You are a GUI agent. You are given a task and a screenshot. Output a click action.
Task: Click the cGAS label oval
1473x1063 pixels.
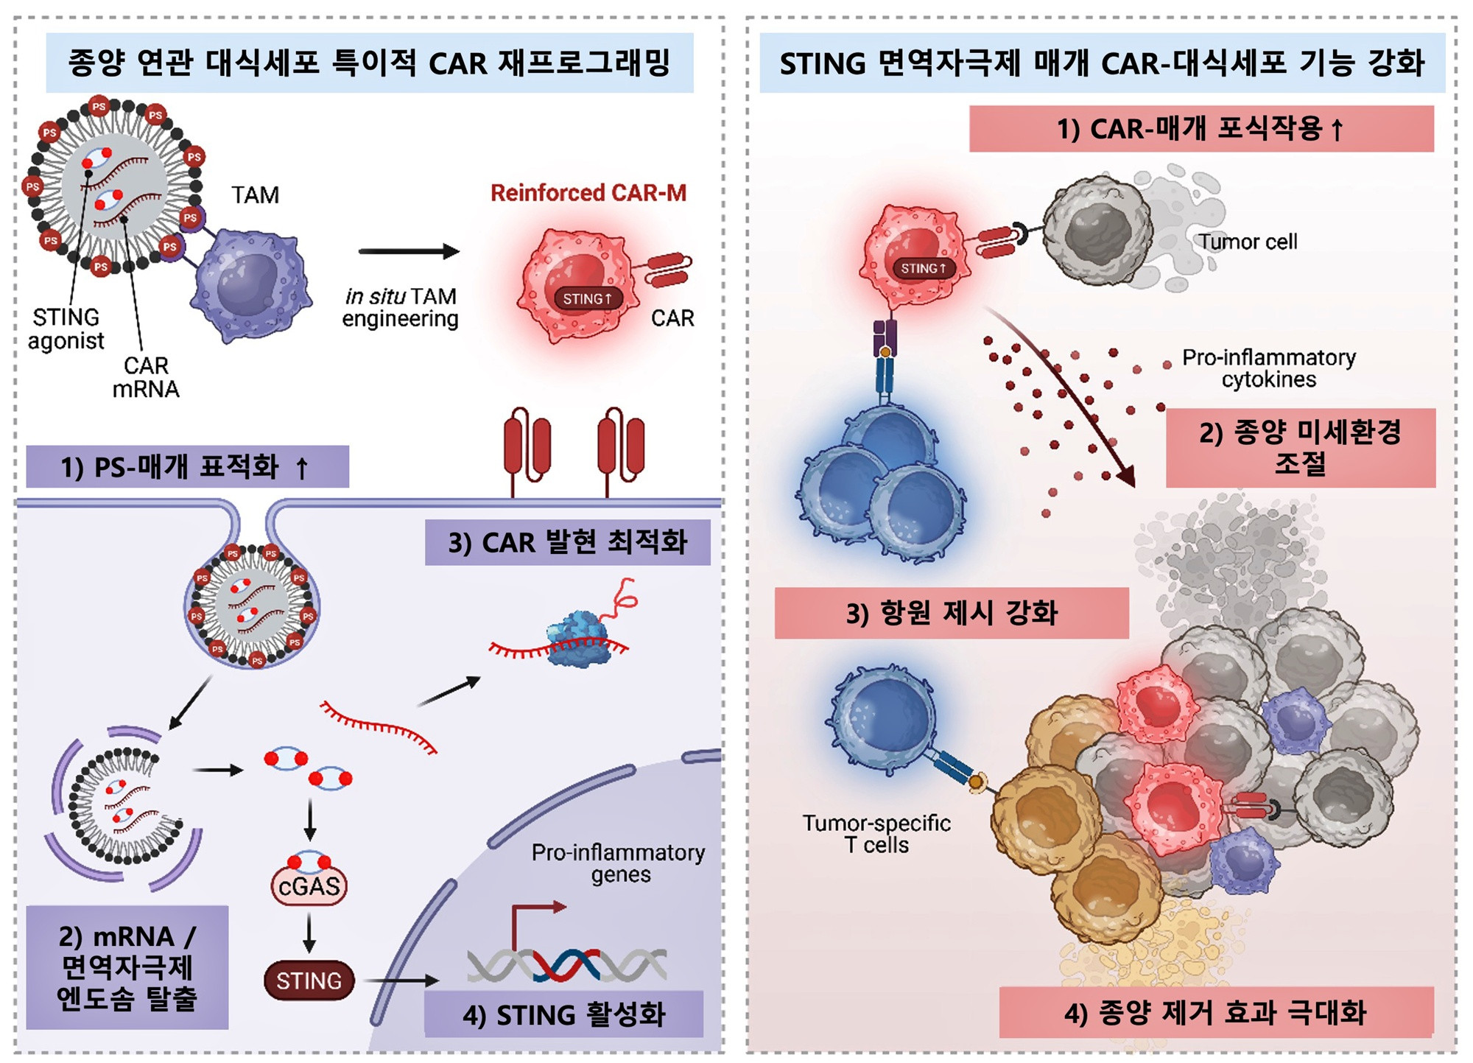pos(309,886)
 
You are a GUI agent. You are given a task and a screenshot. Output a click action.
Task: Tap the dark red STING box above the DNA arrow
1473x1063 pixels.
pos(309,980)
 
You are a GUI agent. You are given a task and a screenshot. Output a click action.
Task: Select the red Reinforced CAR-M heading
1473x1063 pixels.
pos(588,193)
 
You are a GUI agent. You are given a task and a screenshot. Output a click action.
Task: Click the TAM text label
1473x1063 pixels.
pos(255,195)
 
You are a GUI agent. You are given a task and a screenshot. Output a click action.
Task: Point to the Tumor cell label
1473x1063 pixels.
pos(1248,242)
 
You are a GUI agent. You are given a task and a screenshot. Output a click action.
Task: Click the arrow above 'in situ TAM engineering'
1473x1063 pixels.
pos(409,252)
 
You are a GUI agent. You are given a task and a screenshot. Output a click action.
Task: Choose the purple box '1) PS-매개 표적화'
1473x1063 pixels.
pos(187,467)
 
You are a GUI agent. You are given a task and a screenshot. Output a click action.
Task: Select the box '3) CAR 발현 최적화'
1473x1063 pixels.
pos(567,543)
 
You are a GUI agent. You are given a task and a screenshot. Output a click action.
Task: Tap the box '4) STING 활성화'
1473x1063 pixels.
pos(563,1014)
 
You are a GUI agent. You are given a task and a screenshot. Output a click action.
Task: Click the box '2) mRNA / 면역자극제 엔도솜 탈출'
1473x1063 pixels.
pos(127,967)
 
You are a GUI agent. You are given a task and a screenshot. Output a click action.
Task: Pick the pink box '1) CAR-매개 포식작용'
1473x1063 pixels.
pos(1200,129)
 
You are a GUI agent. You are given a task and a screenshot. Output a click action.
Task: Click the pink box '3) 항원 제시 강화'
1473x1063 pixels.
pos(951,613)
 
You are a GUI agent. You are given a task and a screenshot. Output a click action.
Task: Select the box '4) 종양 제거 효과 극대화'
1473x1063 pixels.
pos(1215,1012)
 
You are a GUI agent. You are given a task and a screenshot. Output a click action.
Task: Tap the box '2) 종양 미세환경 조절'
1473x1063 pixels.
pos(1300,448)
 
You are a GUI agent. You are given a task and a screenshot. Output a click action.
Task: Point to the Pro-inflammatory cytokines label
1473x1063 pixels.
pos(1268,368)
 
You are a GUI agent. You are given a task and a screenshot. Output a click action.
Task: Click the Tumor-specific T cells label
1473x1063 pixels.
pos(876,834)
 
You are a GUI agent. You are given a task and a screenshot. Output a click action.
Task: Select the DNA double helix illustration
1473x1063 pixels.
pos(567,964)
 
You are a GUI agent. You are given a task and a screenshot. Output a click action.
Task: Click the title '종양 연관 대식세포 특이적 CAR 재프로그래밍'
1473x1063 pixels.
pos(369,63)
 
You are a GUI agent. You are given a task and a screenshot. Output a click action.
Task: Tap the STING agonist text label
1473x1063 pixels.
pos(66,329)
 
